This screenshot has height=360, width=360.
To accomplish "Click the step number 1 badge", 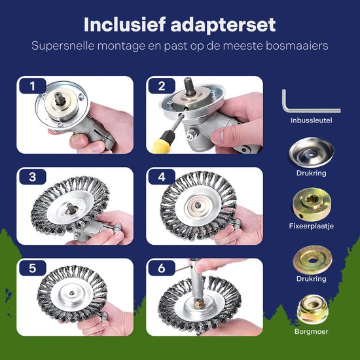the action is click(33, 86).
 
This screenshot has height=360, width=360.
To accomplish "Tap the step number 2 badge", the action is click(162, 86).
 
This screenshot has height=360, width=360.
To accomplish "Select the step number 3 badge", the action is click(33, 177).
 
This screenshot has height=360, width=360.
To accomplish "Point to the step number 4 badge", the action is click(162, 177).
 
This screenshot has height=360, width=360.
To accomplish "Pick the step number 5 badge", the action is click(33, 268).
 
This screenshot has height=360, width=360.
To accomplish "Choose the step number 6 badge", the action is click(162, 268).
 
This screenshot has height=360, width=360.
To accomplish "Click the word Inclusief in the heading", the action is click(124, 24).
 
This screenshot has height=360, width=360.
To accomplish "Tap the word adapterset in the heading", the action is click(223, 25).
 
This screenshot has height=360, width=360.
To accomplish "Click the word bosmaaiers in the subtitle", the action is click(297, 45).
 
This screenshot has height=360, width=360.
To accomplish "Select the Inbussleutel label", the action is click(312, 120).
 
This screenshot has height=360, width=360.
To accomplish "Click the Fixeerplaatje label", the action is click(312, 226).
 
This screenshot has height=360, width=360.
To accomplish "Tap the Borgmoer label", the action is click(312, 331).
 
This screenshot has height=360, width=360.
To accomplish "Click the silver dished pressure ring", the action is click(312, 153).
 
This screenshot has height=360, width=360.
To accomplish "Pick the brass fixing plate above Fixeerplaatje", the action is click(312, 204).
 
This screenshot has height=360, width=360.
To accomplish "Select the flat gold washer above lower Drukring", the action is click(312, 260).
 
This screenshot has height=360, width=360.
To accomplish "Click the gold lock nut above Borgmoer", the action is click(313, 309).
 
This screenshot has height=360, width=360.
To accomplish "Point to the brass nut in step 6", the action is click(198, 303).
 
